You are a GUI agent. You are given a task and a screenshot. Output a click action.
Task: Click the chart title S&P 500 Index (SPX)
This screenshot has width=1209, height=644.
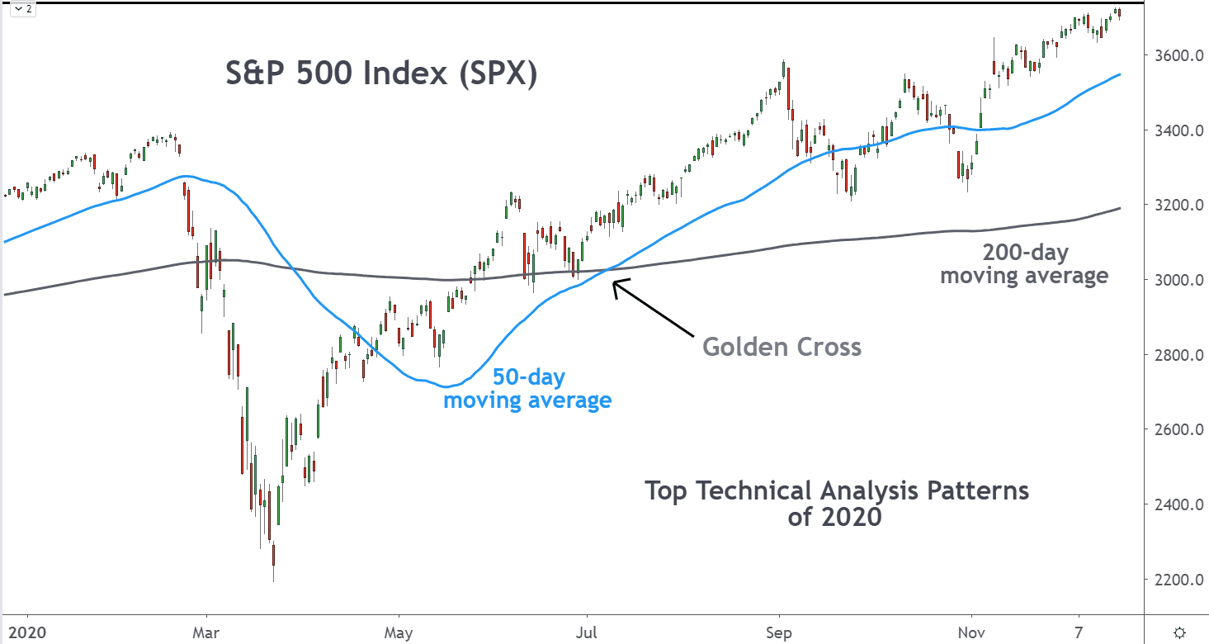[381, 75]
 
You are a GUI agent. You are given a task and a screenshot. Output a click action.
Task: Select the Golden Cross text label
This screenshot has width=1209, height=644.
[782, 347]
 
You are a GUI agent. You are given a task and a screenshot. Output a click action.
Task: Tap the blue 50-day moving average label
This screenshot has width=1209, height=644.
[527, 389]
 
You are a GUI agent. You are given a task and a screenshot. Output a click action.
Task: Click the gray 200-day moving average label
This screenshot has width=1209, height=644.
[1024, 264]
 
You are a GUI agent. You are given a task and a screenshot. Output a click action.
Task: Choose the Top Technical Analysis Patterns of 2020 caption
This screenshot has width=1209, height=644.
[836, 503]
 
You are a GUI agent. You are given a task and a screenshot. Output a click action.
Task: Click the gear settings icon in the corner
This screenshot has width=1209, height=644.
[1180, 632]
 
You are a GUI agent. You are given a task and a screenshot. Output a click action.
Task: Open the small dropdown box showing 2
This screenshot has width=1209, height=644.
[23, 10]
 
